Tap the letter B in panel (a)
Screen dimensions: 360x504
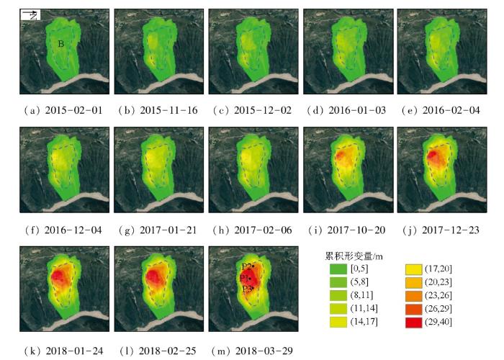click(x=61, y=44)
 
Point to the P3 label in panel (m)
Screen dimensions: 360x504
click(x=246, y=289)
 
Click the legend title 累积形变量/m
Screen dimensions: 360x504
click(x=353, y=256)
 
